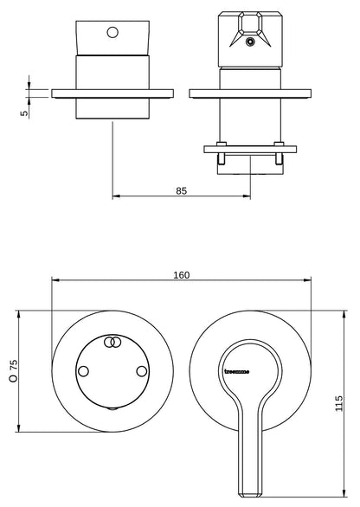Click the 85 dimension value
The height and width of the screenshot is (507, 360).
pyautogui.click(x=182, y=190)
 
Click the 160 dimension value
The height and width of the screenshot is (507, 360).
pyautogui.click(x=182, y=275)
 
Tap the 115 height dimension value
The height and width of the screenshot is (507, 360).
pyautogui.click(x=338, y=403)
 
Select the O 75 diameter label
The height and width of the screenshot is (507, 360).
pyautogui.click(x=14, y=370)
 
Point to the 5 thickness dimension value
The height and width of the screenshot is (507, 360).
pyautogui.click(x=24, y=113)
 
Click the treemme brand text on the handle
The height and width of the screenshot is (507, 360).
pyautogui.click(x=237, y=371)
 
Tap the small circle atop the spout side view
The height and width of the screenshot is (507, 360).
pyautogui.click(x=112, y=32)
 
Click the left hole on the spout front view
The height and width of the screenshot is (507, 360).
pyautogui.click(x=83, y=371)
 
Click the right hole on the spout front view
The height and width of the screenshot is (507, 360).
pyautogui.click(x=142, y=371)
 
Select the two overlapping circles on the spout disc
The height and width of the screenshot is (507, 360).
pyautogui.click(x=112, y=342)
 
